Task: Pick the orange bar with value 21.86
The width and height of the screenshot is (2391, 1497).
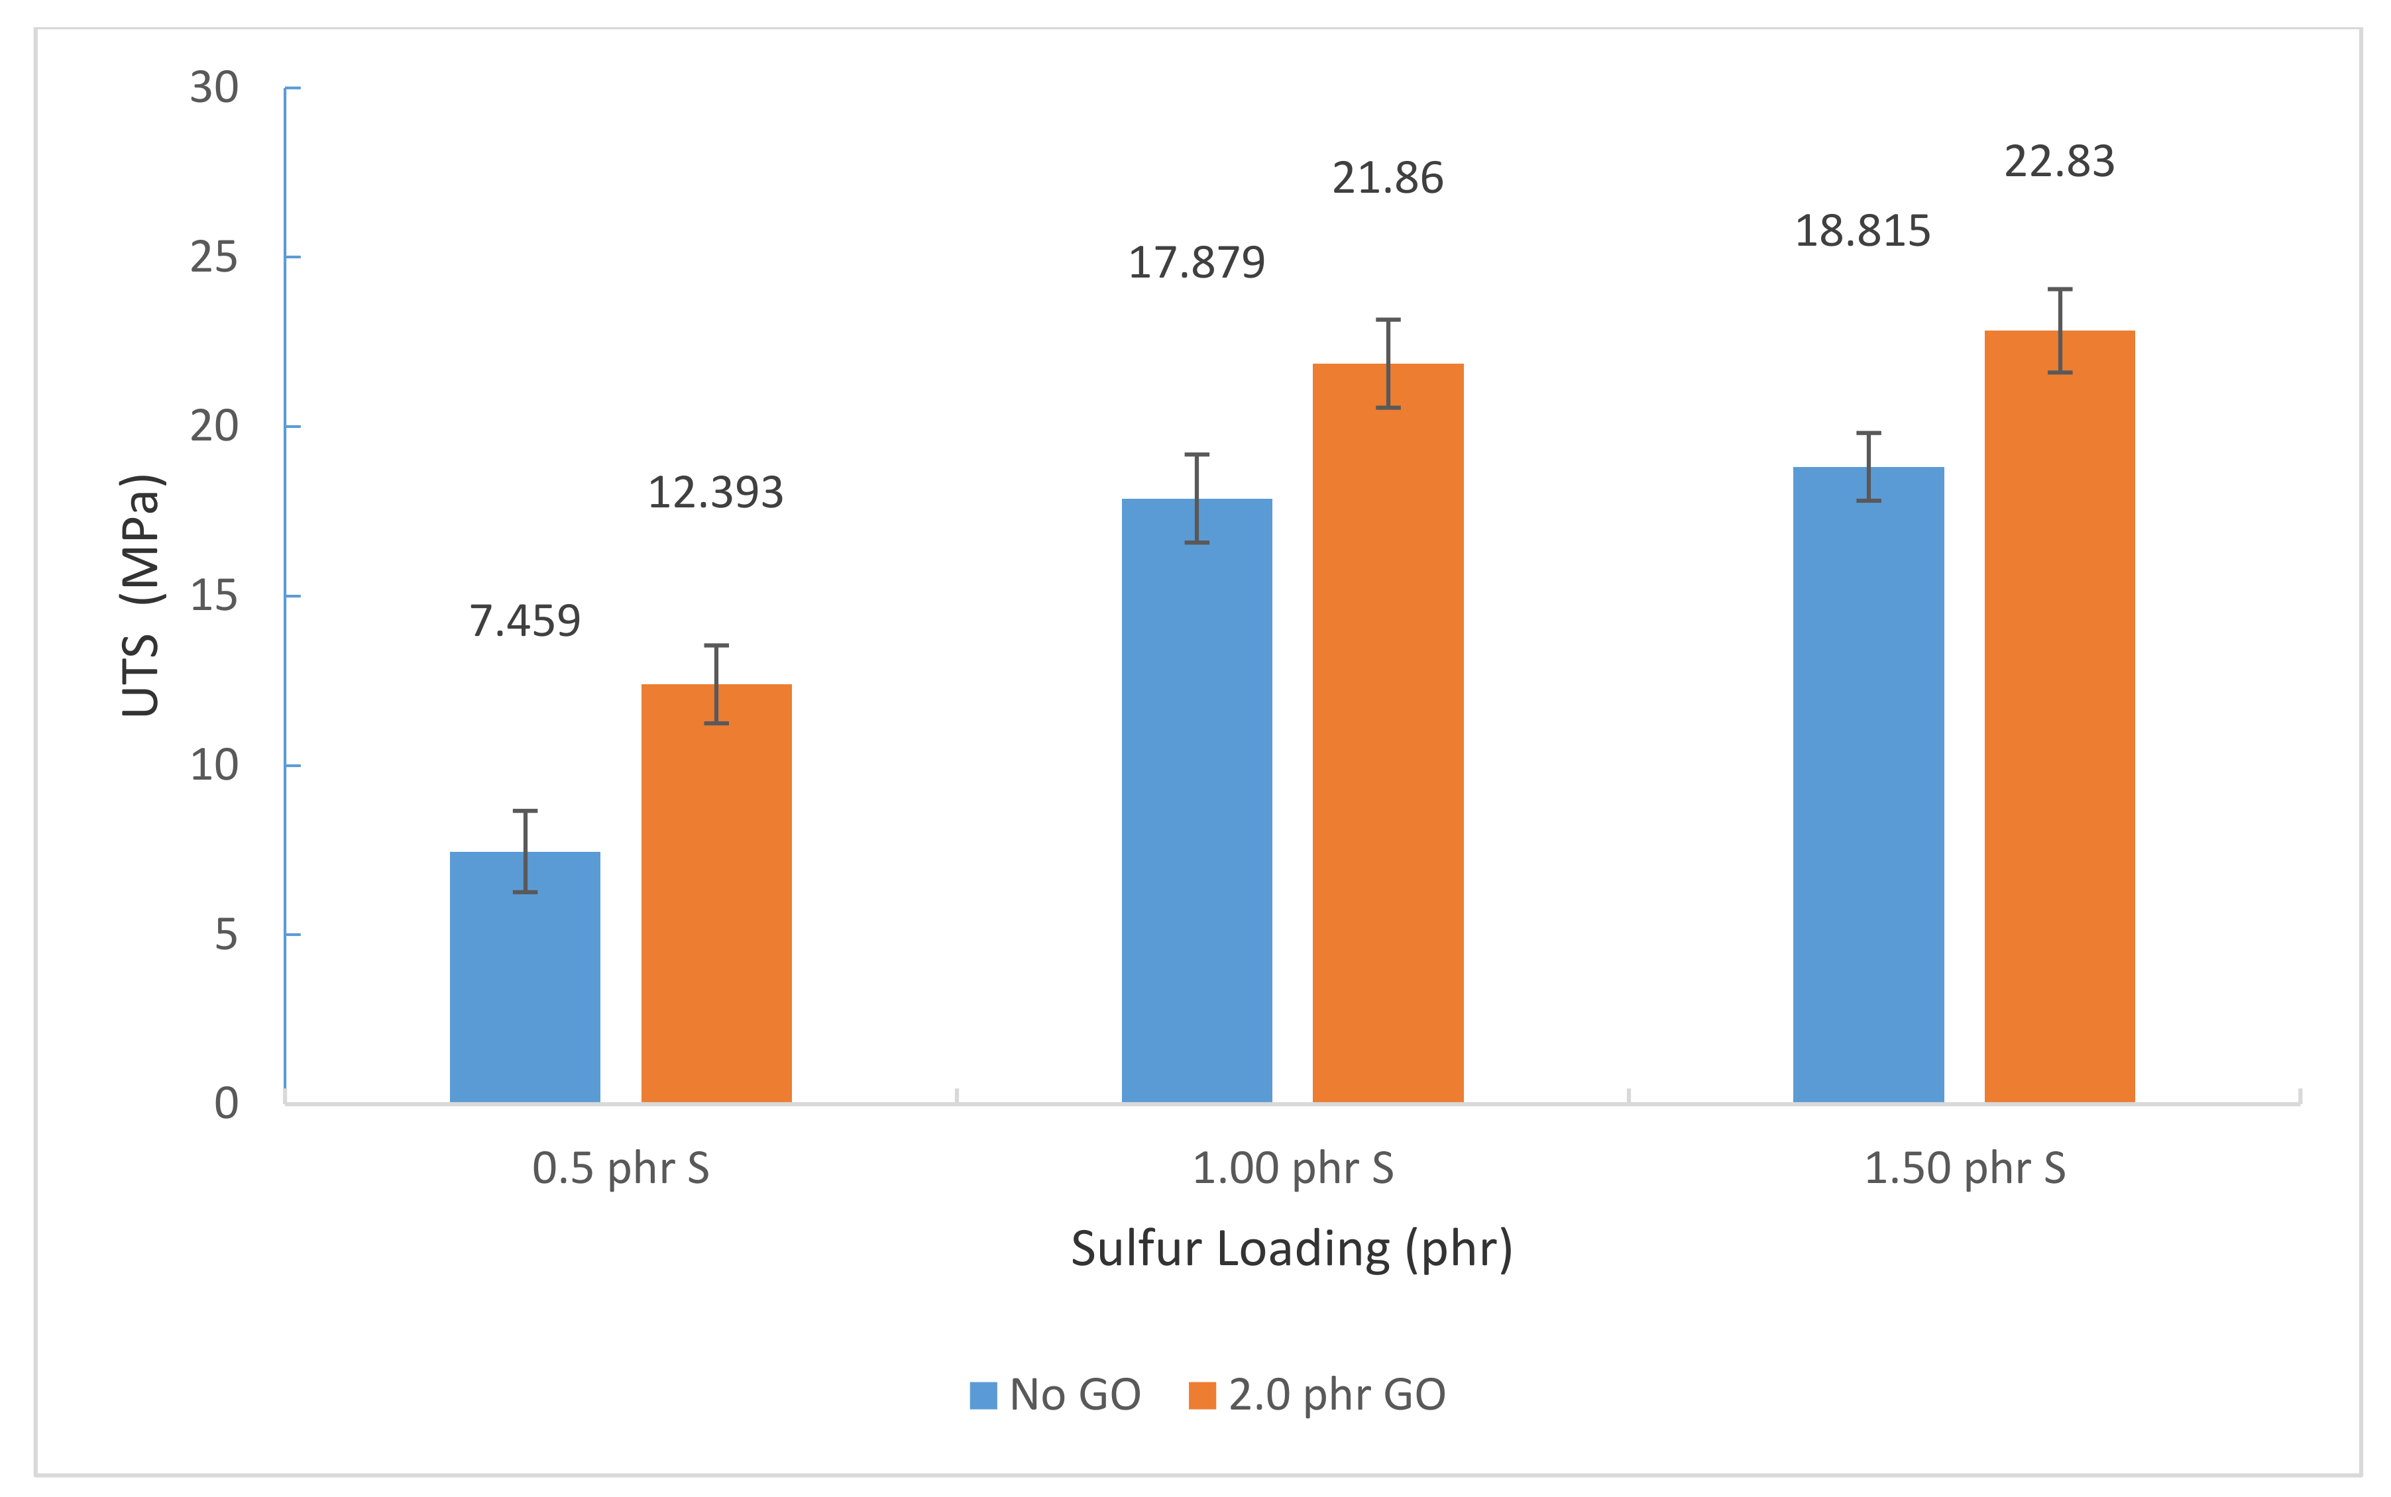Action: point(1388,733)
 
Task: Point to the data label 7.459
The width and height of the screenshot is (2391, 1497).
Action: point(525,621)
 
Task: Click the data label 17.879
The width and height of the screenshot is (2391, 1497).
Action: point(1196,262)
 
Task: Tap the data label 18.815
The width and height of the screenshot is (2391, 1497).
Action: point(1862,231)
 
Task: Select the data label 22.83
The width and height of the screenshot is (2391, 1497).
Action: point(2059,162)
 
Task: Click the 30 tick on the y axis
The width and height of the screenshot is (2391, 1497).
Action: point(214,88)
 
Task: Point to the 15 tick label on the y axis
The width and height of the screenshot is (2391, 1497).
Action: point(214,596)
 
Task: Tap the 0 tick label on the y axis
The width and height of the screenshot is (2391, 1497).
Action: point(226,1103)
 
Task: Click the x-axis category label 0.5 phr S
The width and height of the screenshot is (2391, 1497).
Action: point(621,1168)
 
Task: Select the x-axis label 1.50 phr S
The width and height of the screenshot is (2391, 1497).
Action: point(1965,1168)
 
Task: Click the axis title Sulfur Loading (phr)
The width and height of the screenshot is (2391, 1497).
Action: point(1292,1249)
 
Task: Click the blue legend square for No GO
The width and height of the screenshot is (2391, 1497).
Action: point(983,1395)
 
